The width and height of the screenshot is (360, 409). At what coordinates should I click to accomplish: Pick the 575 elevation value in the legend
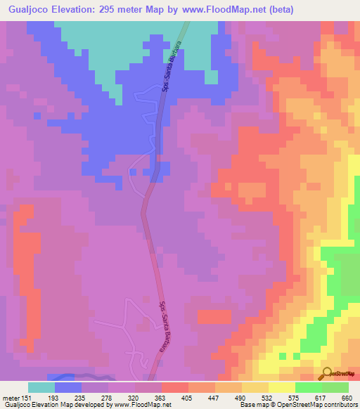[295, 397]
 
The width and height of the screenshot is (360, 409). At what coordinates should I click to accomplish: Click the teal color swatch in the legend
[41, 387]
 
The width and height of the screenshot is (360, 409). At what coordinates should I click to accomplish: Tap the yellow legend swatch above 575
[281, 387]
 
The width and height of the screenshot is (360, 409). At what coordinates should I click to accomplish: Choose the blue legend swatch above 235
[68, 387]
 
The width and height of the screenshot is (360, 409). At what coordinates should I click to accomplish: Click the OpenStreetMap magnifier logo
[326, 373]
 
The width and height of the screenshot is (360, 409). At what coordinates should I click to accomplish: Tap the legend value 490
[241, 397]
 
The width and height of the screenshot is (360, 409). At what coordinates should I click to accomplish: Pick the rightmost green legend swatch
[335, 387]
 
